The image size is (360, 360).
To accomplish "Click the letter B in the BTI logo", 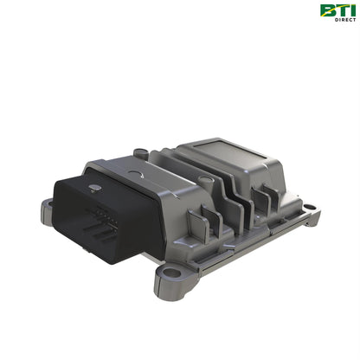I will [x=327, y=10].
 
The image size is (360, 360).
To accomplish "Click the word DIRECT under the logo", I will [x=343, y=20].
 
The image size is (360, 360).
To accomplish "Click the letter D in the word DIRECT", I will [x=331, y=20].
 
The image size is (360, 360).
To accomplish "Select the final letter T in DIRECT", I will [x=354, y=20].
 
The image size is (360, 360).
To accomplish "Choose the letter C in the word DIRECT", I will [x=349, y=20].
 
